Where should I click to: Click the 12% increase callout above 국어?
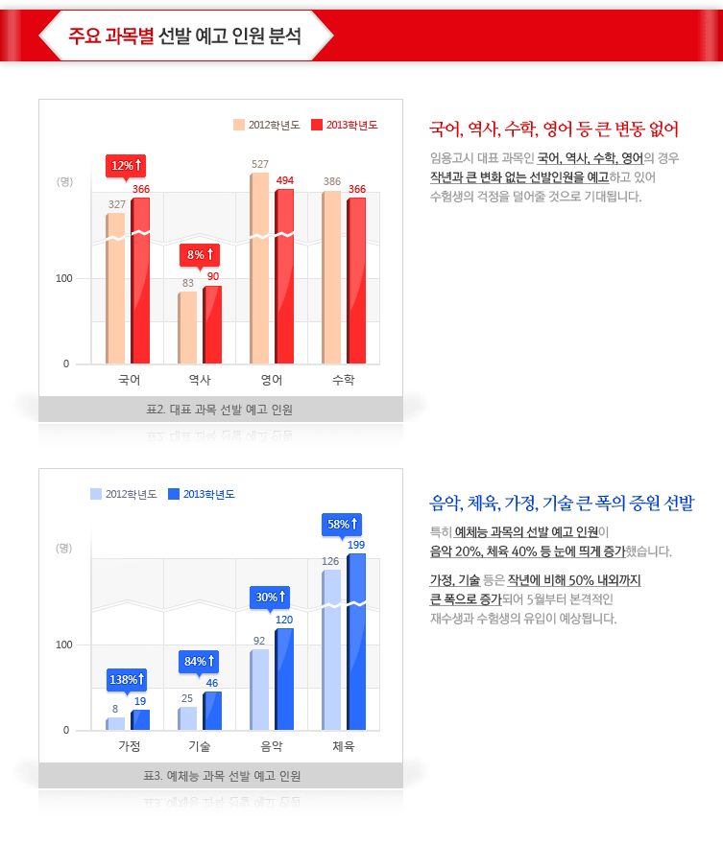click(127, 165)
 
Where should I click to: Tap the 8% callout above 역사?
click(200, 254)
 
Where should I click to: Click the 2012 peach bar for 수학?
click(331, 277)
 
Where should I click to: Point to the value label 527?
click(260, 164)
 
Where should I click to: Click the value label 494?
click(285, 180)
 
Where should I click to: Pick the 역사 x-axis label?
click(200, 380)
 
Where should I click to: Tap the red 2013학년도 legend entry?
click(345, 125)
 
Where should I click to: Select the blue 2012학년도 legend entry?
click(124, 494)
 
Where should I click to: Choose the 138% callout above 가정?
click(127, 679)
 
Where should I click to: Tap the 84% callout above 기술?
click(200, 661)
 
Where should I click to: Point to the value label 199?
click(356, 545)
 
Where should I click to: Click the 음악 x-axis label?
click(272, 746)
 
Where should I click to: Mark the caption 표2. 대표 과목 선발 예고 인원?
click(221, 410)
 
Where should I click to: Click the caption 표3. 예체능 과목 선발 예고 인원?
click(221, 776)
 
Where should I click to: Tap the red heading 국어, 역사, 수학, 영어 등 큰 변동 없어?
click(554, 129)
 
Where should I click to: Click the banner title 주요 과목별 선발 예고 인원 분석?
click(185, 36)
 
